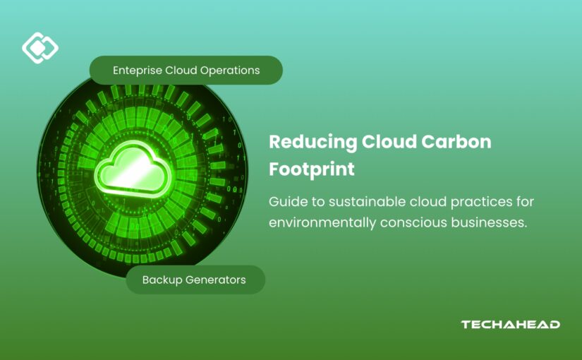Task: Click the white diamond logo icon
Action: (40, 48)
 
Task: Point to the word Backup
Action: (162, 280)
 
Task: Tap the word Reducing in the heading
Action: (313, 142)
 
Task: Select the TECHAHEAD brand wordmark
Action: (510, 325)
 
